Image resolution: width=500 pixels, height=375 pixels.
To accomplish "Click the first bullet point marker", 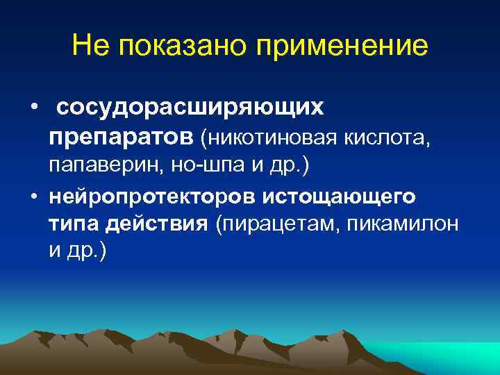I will (x=33, y=108).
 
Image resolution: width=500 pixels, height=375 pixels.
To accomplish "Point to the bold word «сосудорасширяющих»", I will (x=190, y=108).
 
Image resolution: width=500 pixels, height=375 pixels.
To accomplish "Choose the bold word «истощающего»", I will (x=339, y=197).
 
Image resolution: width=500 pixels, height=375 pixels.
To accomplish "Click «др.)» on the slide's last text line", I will (x=87, y=252).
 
